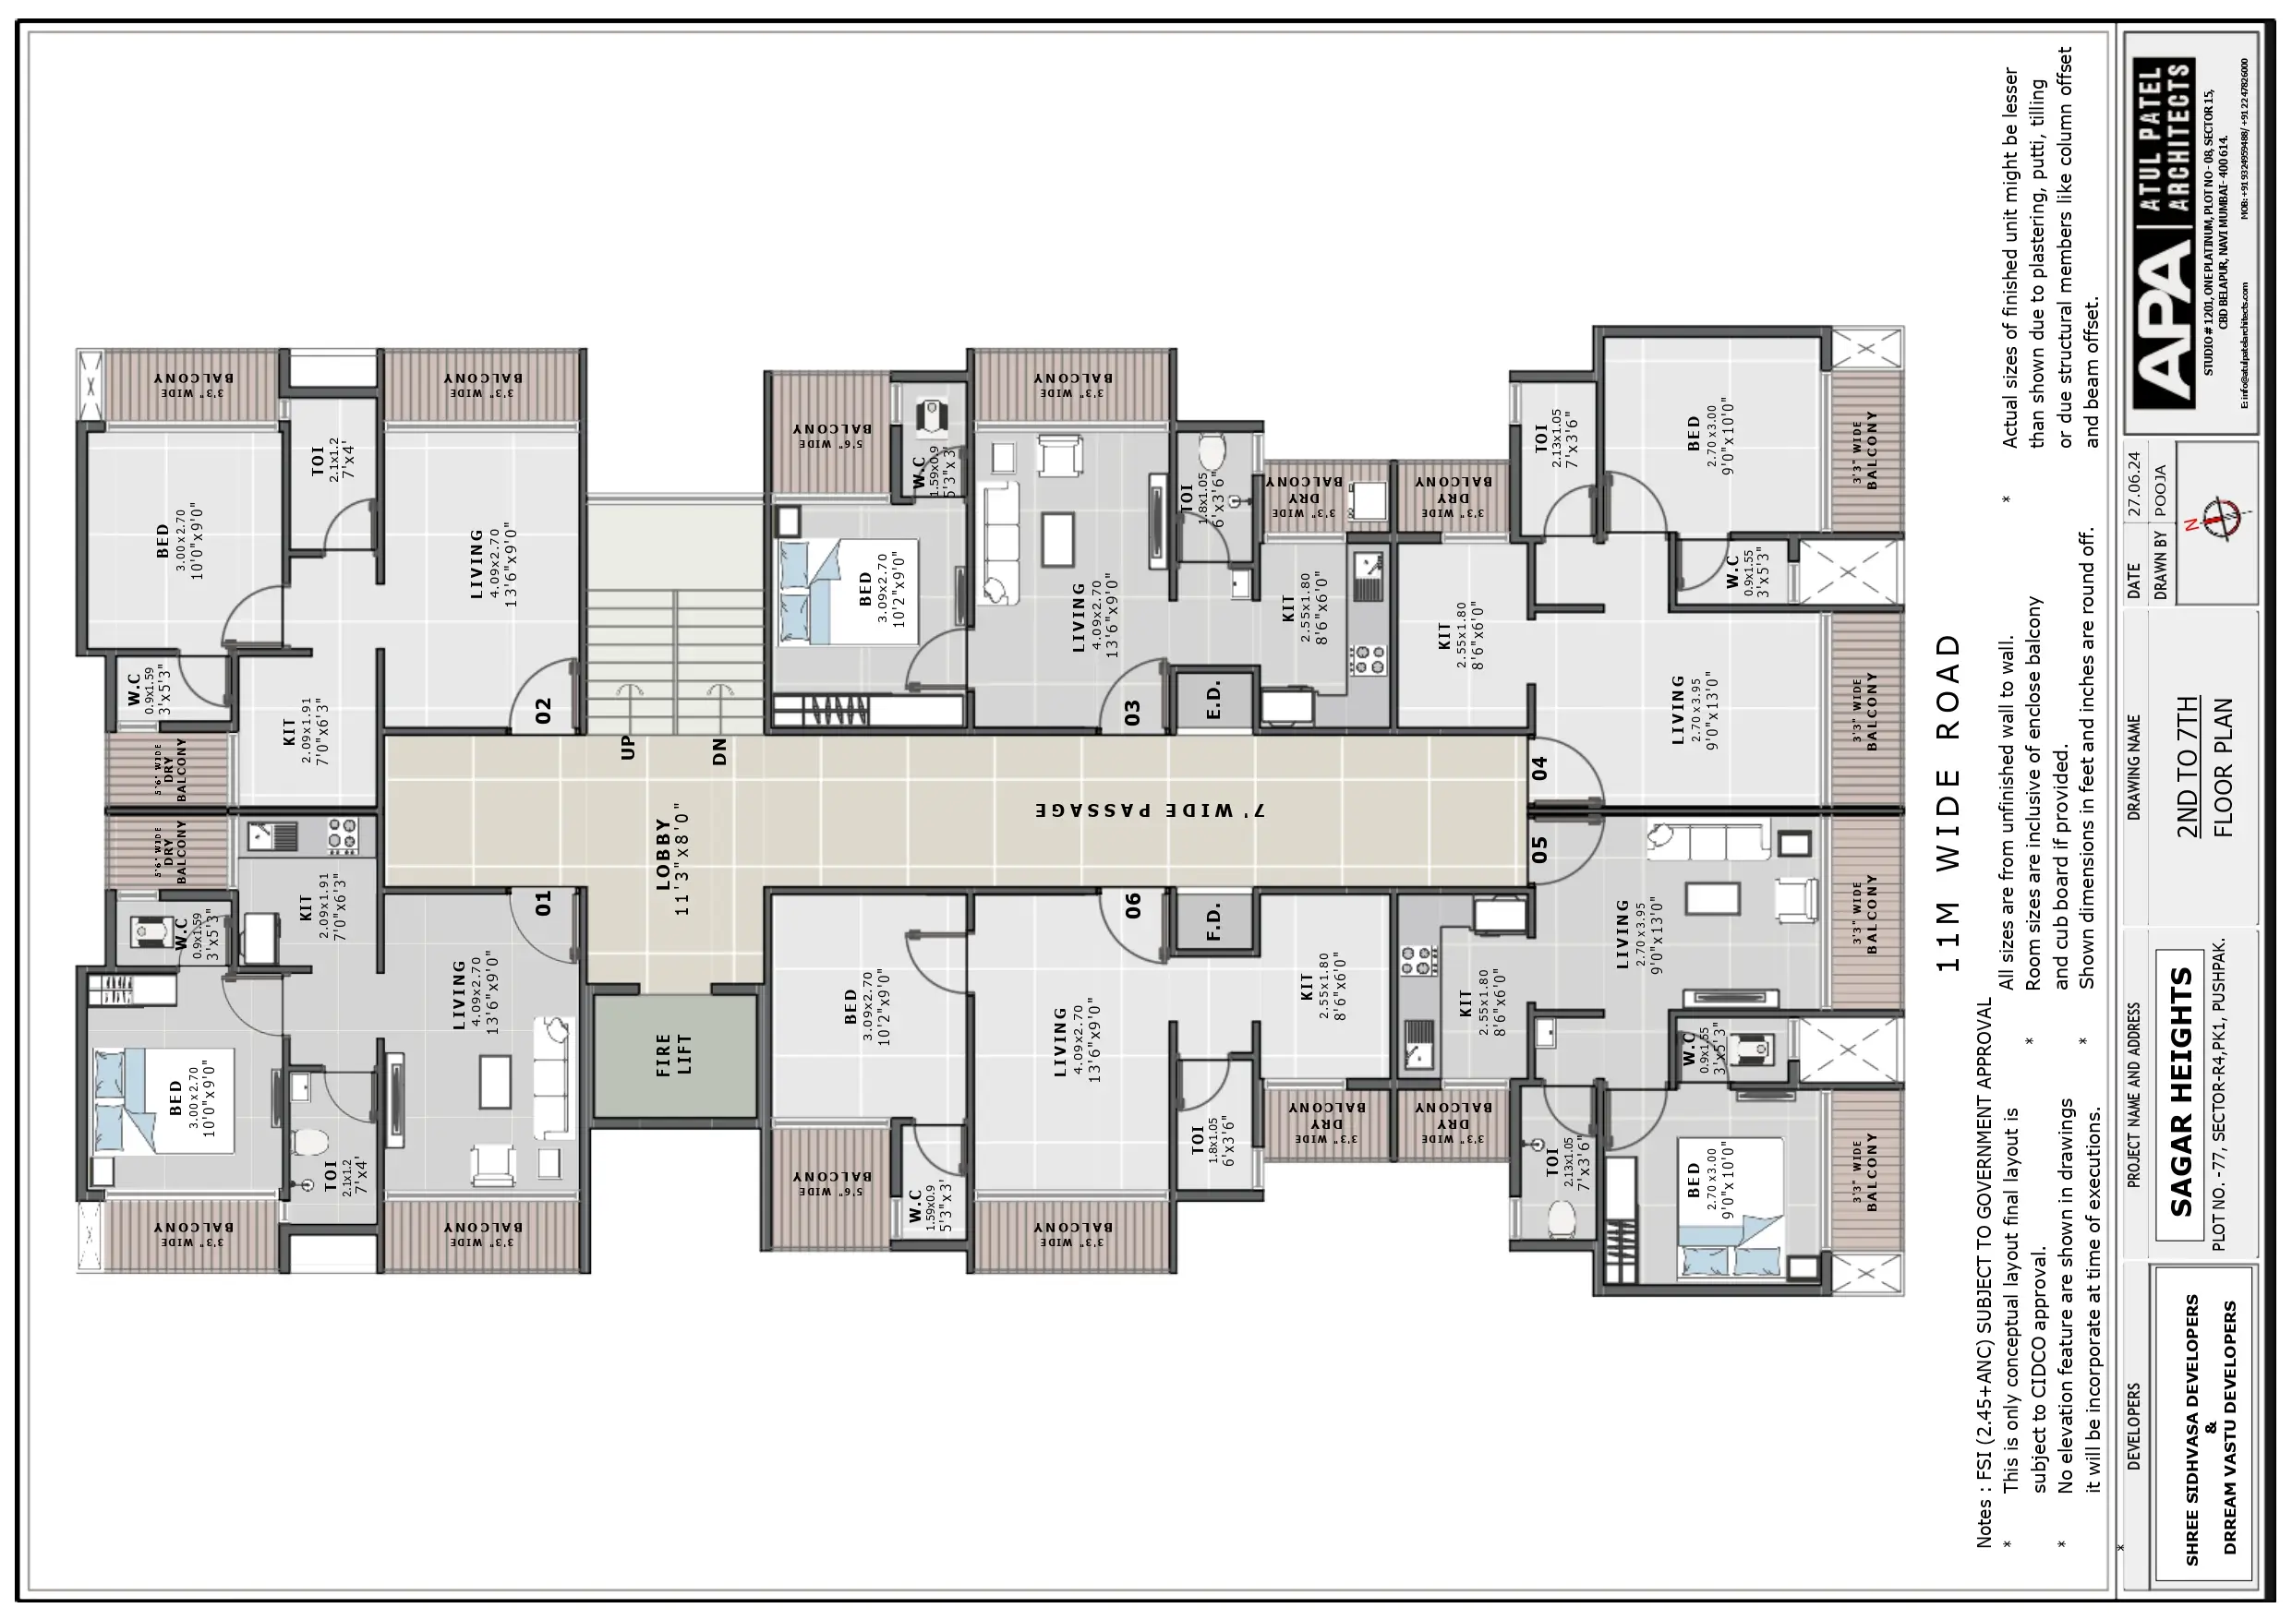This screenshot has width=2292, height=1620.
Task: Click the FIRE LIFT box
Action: (x=675, y=1055)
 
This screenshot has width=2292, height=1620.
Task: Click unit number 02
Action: (x=543, y=711)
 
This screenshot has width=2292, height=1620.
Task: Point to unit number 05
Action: (x=1539, y=849)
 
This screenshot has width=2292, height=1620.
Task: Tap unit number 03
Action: (x=1132, y=713)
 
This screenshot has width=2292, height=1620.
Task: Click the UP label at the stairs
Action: (x=628, y=749)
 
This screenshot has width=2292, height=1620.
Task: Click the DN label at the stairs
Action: (x=719, y=751)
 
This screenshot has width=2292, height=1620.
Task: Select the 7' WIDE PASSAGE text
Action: (x=1148, y=810)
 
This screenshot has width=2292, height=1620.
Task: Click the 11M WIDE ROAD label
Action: (x=1948, y=802)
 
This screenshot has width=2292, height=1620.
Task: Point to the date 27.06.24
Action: (x=2134, y=484)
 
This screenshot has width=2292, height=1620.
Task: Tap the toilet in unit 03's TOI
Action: (x=1211, y=452)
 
